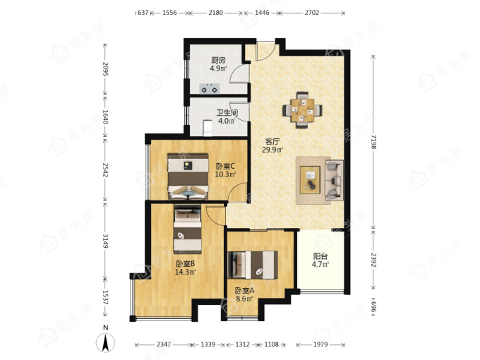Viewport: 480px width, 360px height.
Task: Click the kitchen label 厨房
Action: [218, 60]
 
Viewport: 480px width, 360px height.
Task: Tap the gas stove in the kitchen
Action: [210, 89]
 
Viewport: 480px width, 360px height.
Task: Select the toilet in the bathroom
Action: [208, 128]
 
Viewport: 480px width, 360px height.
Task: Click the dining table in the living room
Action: [302, 109]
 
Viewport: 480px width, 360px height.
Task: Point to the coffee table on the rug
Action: [310, 180]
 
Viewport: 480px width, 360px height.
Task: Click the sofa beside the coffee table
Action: [334, 180]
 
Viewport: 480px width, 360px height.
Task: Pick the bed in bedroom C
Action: [188, 176]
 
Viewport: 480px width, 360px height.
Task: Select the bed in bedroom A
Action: [253, 265]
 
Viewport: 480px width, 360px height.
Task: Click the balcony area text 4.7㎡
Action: [320, 264]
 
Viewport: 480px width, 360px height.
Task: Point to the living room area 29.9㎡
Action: [272, 150]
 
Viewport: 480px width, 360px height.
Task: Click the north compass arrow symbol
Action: [106, 342]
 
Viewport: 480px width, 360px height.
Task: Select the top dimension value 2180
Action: [215, 13]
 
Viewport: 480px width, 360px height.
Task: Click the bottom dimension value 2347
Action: [164, 344]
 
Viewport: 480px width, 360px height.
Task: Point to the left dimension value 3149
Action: [105, 241]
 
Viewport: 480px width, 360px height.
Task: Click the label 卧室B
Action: [186, 263]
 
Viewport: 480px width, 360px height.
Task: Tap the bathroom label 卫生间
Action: [227, 113]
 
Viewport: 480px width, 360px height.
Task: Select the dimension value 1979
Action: [320, 344]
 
